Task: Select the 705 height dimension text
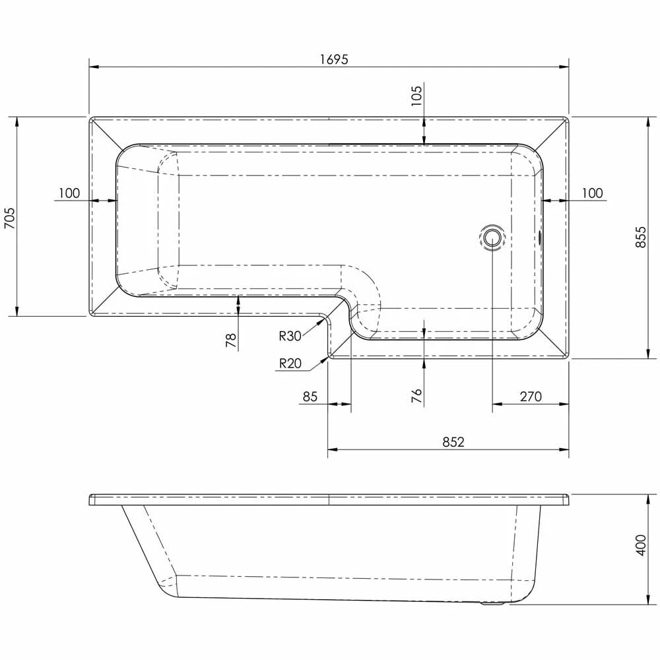coord(9,217)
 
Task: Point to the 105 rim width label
coord(416,97)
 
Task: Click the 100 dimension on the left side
coord(69,193)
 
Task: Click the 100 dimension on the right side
coord(592,193)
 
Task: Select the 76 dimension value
coord(416,395)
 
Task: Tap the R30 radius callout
coord(290,336)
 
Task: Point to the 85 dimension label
coord(310,397)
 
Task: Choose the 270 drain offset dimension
coord(530,397)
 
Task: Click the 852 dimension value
coord(453,442)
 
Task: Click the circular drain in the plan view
coord(492,237)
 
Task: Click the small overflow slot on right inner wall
coord(541,237)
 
